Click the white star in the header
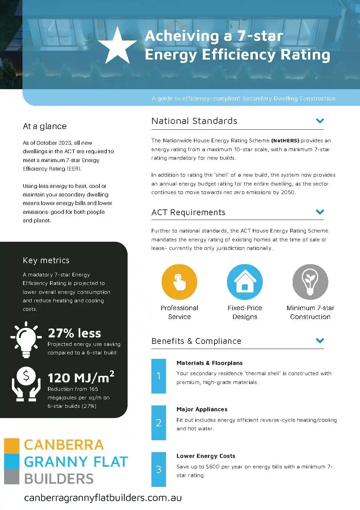117,47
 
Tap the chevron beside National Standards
320,121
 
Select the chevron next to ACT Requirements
320,212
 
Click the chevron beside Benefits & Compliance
320,340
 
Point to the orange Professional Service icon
179,282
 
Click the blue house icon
245,282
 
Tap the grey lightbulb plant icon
310,282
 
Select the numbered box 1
159,376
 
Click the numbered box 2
159,423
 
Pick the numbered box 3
159,469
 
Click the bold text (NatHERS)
285,141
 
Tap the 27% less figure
75,333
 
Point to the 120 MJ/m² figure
81,378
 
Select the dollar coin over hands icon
26,384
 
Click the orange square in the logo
12,446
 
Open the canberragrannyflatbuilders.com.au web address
103,498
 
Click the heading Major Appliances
202,409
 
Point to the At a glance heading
45,126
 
